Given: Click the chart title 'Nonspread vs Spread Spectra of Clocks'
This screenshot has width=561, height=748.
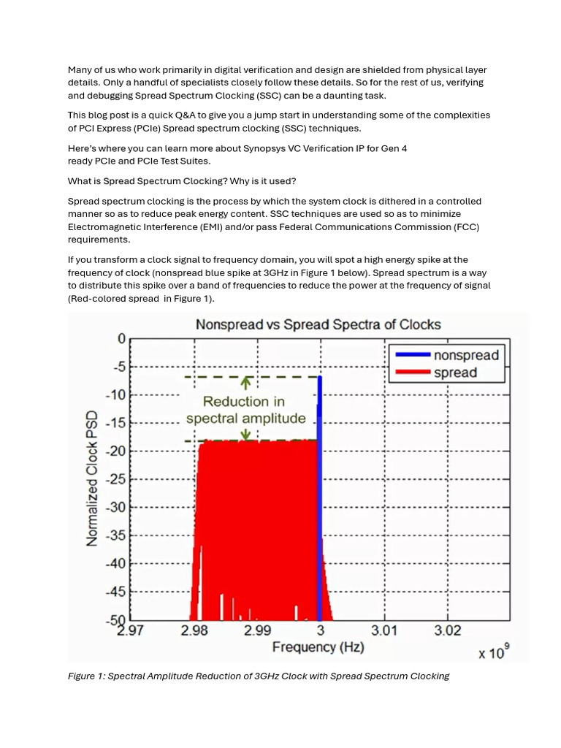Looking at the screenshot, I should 318,324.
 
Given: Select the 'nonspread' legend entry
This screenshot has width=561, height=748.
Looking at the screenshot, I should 465,356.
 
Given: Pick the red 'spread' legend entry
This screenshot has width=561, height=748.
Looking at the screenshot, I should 455,373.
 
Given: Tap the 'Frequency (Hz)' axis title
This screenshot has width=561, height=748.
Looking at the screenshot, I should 318,647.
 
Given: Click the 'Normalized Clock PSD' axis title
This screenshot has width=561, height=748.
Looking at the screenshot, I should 93,479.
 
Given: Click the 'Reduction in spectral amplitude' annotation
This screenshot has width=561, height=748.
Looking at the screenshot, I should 245,410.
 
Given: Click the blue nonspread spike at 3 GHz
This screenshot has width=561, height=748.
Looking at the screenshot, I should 319,497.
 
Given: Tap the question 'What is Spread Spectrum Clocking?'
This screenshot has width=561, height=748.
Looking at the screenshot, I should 147,181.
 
